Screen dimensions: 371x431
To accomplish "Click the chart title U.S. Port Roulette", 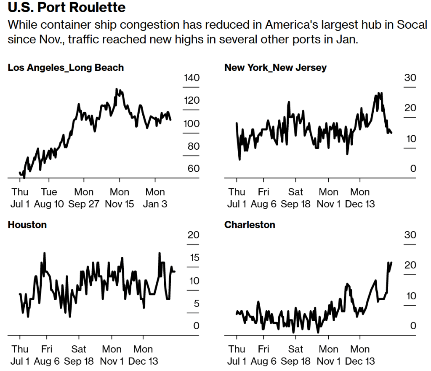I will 67,8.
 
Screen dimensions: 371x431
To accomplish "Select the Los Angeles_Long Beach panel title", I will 66,67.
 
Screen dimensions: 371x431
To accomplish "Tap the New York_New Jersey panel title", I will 275,67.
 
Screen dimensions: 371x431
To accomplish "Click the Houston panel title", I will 27,225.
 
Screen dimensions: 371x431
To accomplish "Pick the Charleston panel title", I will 250,225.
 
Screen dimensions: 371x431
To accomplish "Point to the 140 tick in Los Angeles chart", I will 192,78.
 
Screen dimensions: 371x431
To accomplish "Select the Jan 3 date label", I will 155,204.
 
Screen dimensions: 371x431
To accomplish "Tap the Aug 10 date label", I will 49,204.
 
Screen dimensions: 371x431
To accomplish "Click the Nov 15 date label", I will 119,204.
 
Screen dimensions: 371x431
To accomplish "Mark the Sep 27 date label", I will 84,204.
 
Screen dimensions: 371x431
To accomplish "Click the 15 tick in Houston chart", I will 194,258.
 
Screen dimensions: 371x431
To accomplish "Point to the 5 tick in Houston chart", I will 196,304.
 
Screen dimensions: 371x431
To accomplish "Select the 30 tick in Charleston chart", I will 410,235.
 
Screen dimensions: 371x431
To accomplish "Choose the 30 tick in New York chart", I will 410,78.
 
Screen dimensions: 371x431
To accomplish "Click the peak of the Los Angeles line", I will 117,89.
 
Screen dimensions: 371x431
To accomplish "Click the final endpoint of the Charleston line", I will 391,262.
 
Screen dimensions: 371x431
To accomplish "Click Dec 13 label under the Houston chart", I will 144,361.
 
